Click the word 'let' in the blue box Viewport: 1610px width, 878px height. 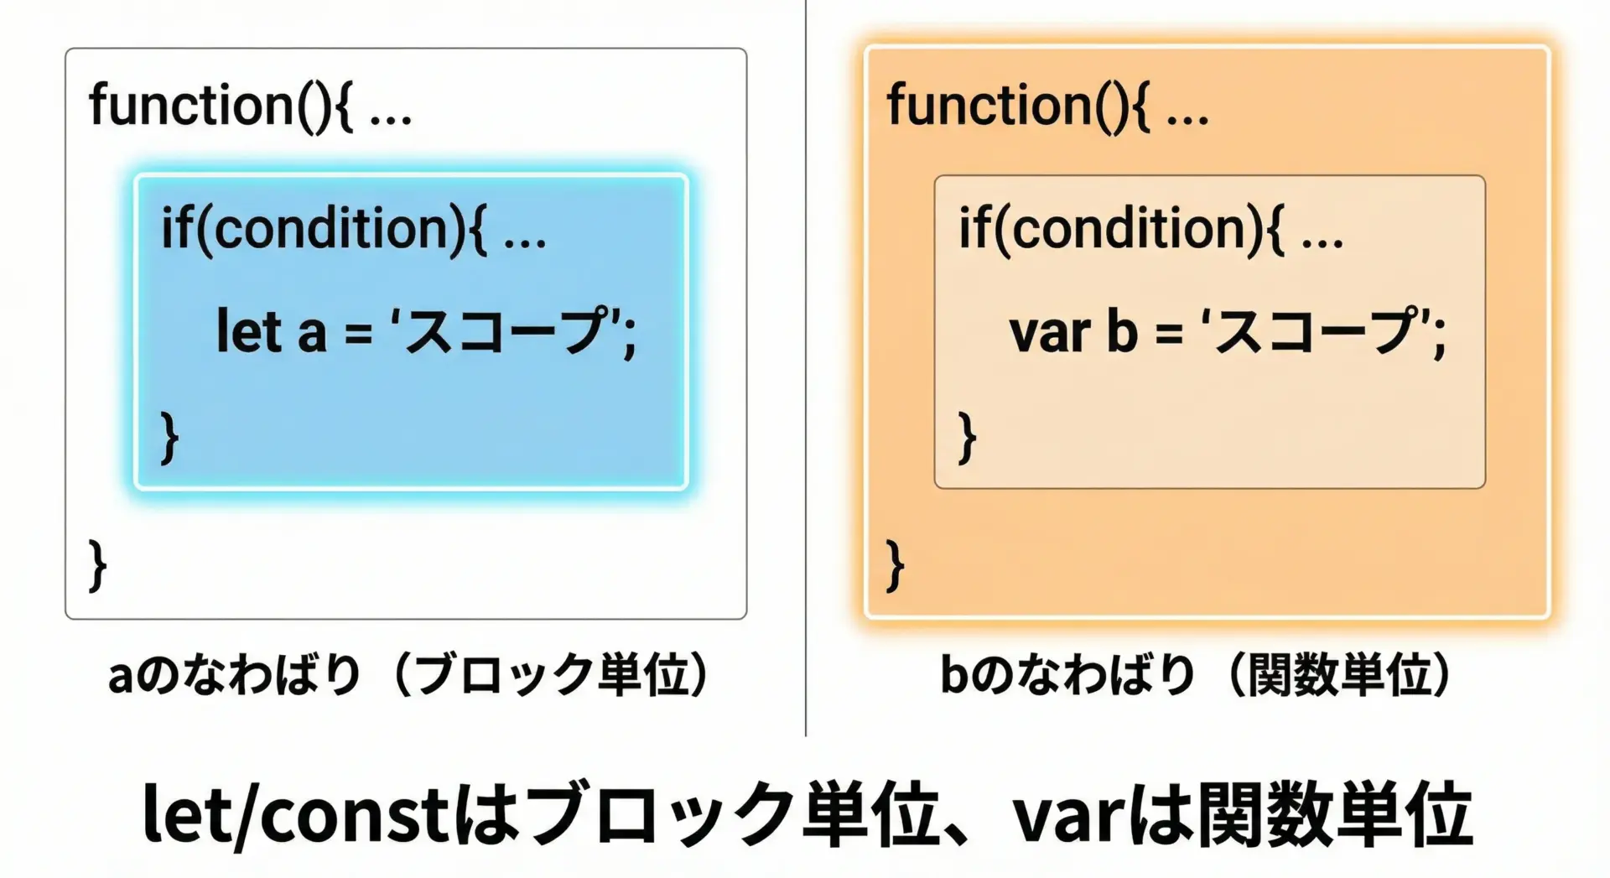coord(248,330)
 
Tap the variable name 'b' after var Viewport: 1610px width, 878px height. coord(1123,330)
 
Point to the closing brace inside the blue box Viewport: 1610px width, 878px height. coord(169,438)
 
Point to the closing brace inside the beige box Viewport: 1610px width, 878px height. coord(967,438)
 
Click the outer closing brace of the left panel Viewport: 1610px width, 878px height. coord(97,566)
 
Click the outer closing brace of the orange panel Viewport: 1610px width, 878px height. coord(895,566)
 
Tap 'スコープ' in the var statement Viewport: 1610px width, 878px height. coord(1316,330)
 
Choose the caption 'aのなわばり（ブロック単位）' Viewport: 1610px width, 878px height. coord(410,675)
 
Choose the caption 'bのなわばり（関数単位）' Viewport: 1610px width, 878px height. coord(1197,675)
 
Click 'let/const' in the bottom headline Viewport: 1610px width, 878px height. coord(296,813)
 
